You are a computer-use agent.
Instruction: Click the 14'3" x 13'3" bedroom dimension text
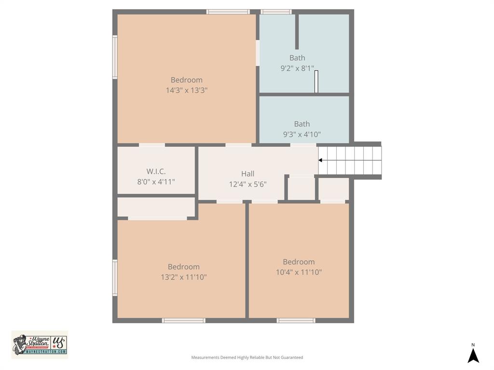click(x=186, y=90)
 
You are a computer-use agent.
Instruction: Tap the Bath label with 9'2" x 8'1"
click(x=297, y=58)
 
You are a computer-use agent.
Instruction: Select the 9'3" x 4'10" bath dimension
click(x=302, y=134)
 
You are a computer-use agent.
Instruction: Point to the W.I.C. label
click(x=156, y=172)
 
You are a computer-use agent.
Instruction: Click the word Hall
click(x=247, y=174)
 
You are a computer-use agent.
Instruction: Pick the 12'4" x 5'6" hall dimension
click(x=247, y=184)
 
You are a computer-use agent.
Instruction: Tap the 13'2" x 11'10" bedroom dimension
click(x=183, y=277)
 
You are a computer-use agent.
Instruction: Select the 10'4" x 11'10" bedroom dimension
click(x=299, y=272)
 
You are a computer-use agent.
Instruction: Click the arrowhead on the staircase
click(x=320, y=160)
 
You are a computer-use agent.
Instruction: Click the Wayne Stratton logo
click(x=40, y=345)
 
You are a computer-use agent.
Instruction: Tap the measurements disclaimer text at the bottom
click(x=247, y=357)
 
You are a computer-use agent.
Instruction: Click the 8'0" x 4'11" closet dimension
click(x=156, y=182)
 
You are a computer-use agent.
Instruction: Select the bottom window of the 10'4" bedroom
click(x=296, y=320)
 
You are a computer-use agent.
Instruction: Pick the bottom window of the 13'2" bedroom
click(x=183, y=320)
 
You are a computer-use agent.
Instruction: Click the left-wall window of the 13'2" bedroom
click(x=115, y=278)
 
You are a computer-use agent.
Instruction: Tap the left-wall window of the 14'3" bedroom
click(x=115, y=57)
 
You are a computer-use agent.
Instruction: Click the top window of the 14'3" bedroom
click(x=228, y=12)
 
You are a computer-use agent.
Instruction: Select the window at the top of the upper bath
click(x=276, y=12)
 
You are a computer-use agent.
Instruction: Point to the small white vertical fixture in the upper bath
click(x=316, y=81)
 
